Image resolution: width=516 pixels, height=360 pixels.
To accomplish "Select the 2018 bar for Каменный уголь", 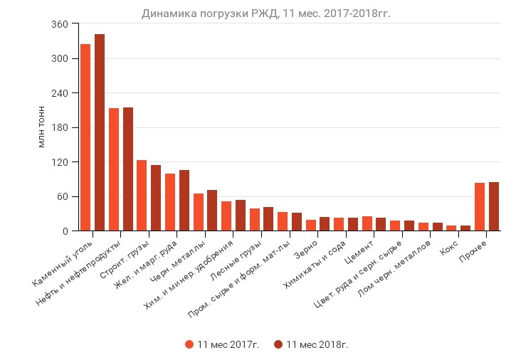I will coord(100,132).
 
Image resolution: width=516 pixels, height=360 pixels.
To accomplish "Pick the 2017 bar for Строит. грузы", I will coord(142,196).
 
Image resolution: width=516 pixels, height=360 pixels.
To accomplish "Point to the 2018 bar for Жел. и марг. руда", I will coord(184,201).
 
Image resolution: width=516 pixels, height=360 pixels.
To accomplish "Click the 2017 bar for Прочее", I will coord(480,207).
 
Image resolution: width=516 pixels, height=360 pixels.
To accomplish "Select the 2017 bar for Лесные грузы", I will coord(255,220).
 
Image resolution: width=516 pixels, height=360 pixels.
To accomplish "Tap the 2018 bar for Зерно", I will coord(325,224).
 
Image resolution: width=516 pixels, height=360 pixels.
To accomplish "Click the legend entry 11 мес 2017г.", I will coord(222,344).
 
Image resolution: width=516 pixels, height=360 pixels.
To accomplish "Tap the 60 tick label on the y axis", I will coord(63,197).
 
